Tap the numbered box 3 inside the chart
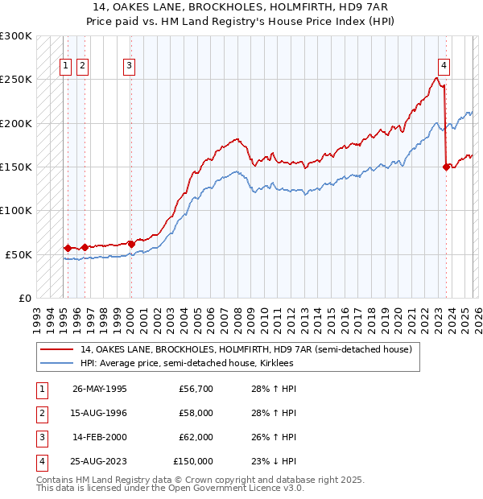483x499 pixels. coord(130,67)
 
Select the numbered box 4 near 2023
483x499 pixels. coord(444,67)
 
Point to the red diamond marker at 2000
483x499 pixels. coord(131,243)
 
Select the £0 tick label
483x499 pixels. coord(23,298)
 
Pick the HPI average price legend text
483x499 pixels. coord(187,364)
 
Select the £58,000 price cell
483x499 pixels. coord(196,413)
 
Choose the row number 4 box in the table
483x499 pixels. coord(40,461)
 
